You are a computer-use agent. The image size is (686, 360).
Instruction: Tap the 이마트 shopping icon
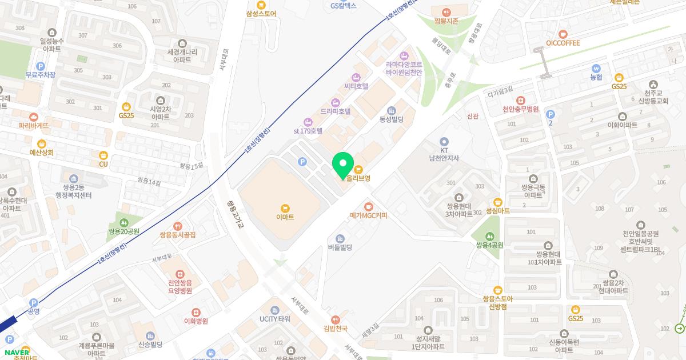tap(285, 207)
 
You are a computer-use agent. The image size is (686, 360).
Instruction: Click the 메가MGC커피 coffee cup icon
tap(369, 206)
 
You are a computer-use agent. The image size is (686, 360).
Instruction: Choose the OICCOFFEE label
tap(563, 43)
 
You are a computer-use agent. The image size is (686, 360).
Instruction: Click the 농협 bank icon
tap(596, 67)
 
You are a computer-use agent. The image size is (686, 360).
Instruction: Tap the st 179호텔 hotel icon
tap(308, 121)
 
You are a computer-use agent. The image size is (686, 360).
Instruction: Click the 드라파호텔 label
tap(335, 111)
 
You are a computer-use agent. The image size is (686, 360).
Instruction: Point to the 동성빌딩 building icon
tap(392, 110)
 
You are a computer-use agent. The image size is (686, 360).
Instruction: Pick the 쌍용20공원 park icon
tap(125, 222)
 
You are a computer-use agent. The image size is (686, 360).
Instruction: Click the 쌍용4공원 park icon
tap(489, 236)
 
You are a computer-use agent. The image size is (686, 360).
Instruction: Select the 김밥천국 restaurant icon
tap(336, 319)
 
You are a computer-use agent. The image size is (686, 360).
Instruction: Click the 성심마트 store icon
tap(497, 201)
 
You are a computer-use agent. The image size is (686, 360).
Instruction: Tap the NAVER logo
tap(16, 352)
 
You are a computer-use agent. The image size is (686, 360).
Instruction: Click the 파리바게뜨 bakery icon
tap(33, 116)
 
